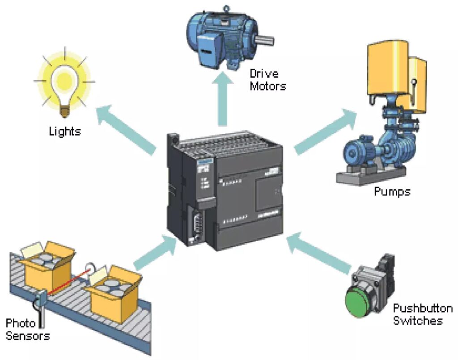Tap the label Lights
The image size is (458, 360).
65,131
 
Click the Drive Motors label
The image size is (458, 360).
267,79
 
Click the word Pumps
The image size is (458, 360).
392,192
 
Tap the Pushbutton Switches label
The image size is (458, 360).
422,314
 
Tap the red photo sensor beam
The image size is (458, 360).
67,282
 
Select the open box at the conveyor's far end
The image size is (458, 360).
45,264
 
